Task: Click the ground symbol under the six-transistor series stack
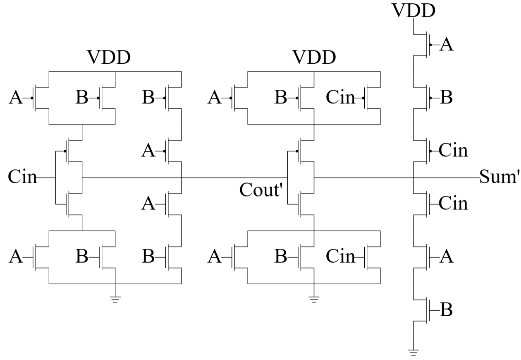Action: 413,352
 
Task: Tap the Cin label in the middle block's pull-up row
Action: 340,98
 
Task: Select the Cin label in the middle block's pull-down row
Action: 340,257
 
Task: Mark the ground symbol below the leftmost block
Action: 115,299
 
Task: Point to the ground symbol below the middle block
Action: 314,299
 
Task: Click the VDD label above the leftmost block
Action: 108,58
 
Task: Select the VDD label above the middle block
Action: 314,58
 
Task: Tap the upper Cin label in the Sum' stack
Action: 453,151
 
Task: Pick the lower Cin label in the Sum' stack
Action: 453,203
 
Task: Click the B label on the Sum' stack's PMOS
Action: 446,98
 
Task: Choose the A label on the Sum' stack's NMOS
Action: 446,257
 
